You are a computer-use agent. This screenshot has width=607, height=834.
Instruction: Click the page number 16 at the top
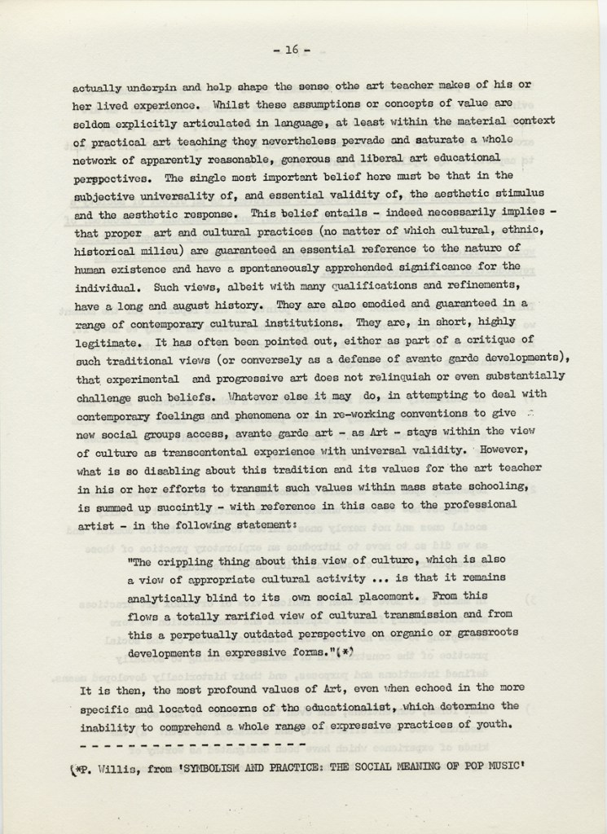293,50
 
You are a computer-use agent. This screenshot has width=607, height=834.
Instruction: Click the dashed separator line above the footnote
192,746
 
